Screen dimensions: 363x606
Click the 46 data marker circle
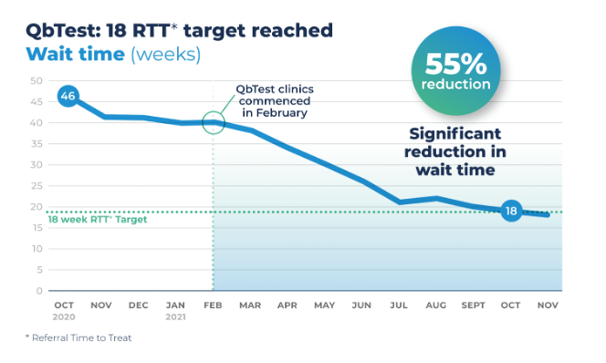point(67,96)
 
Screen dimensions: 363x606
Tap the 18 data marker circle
point(512,212)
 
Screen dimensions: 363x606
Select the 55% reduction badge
point(455,71)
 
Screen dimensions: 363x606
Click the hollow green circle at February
point(213,122)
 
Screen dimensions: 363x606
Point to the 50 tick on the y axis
point(37,80)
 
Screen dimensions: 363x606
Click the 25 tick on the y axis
point(37,186)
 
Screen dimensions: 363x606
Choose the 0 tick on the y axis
point(39,291)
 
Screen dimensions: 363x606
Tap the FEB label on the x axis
point(213,306)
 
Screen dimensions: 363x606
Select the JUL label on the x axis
point(399,306)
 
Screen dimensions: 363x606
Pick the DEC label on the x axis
point(139,306)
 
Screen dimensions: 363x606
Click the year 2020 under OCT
point(64,317)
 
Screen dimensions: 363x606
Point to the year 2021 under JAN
point(175,317)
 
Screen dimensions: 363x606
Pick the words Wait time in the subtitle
point(75,53)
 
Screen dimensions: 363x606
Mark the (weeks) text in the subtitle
point(165,53)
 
